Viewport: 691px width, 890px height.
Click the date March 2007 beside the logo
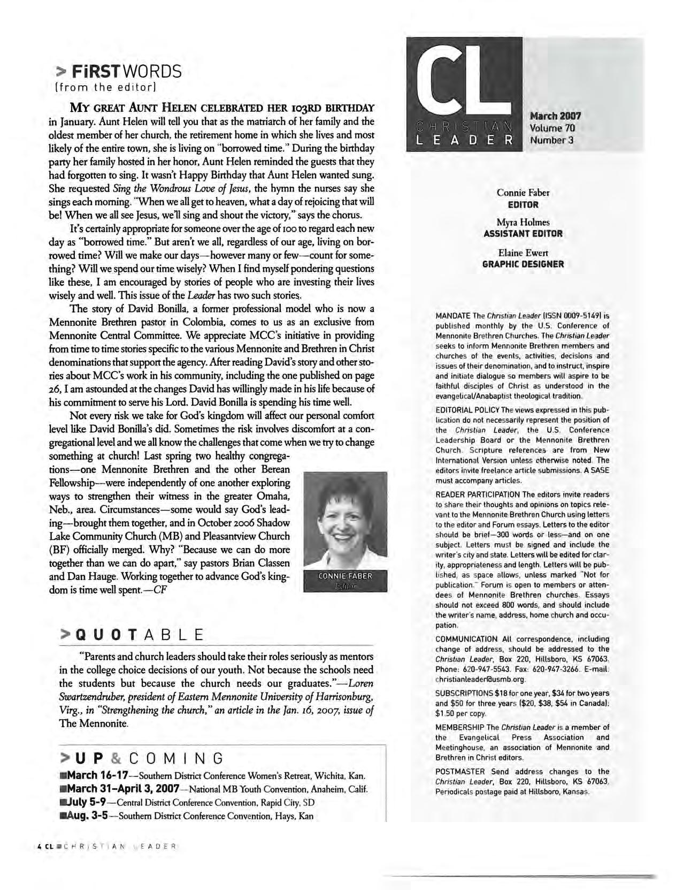point(555,116)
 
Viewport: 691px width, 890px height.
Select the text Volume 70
point(552,128)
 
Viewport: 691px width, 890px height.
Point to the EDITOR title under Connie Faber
point(523,204)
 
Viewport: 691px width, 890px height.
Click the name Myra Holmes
point(523,222)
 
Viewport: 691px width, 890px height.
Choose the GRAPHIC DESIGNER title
point(523,264)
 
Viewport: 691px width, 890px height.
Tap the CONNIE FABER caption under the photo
point(345,576)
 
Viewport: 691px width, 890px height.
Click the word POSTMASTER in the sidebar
point(460,771)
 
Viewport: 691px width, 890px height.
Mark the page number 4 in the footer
point(40,847)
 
